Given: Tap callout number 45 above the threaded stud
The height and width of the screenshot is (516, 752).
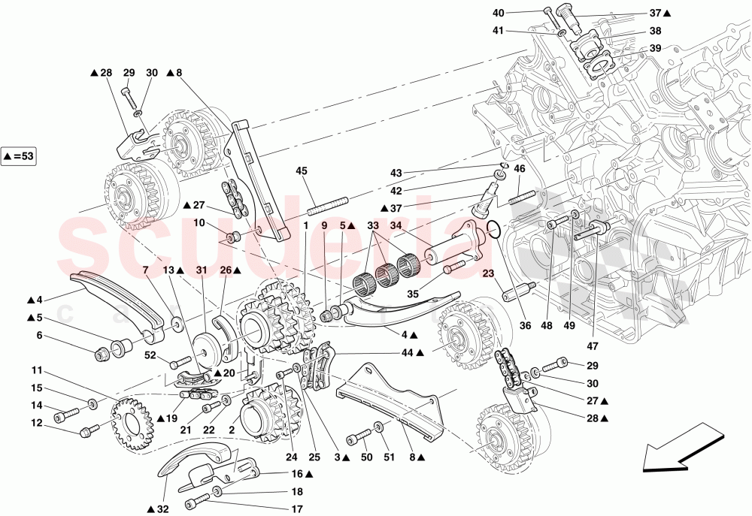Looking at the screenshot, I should coord(302,171).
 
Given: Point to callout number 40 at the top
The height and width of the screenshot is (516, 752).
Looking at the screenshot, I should coord(520,13).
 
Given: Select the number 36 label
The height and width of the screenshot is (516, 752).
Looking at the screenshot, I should coord(524,325).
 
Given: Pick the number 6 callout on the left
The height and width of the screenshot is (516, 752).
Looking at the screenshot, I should coord(38,336).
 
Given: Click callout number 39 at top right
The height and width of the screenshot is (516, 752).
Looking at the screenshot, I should coord(655,48).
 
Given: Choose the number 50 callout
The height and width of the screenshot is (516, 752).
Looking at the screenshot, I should coord(366,457).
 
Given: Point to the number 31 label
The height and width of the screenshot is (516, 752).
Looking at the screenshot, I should coord(201,270).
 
